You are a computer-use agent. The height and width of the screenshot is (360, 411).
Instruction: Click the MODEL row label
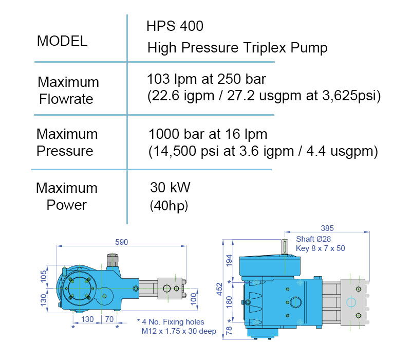coord(62,41)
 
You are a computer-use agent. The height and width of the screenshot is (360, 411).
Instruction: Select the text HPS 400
coord(175,26)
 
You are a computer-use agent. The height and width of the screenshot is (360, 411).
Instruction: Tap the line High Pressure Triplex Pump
coord(237,48)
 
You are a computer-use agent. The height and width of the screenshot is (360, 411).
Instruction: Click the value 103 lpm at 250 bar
coord(207,79)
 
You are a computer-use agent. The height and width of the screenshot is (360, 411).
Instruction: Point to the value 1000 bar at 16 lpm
coord(208,134)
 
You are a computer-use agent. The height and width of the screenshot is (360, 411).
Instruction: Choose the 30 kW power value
coord(170,187)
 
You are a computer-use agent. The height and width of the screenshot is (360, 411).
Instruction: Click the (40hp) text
coord(169,206)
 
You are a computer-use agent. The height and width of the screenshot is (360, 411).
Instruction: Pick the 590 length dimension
coord(122,242)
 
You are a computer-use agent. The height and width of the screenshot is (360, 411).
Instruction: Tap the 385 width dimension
coord(327,228)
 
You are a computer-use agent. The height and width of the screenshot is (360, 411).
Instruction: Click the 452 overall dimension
coord(219,289)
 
